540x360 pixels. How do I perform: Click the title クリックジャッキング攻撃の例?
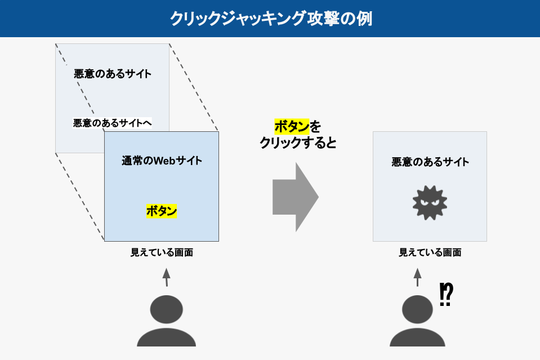coord(271,19)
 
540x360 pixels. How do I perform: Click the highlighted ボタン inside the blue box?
coord(162,211)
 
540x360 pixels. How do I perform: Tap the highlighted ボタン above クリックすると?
coord(292,126)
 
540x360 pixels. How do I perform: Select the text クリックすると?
coord(298,143)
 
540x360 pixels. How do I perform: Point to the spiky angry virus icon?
coord(430,202)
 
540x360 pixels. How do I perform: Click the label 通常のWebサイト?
coord(162,161)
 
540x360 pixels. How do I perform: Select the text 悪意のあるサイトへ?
coord(113,123)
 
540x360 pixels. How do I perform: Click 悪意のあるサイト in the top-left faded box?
coord(113,74)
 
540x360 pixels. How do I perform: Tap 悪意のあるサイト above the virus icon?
coord(430,162)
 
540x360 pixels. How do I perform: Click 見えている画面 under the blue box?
coord(162,252)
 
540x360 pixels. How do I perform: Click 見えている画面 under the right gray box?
coord(430,252)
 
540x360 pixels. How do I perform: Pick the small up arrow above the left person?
coord(166,277)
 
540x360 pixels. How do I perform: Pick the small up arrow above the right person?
coord(417,277)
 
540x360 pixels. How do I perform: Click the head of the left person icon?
coord(166,309)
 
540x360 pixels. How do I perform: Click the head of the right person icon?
coord(417,309)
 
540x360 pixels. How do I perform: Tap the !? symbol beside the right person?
coord(447,294)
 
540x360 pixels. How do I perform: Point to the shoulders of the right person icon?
coord(417,338)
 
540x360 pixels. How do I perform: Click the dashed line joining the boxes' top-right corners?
coord(194,87)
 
